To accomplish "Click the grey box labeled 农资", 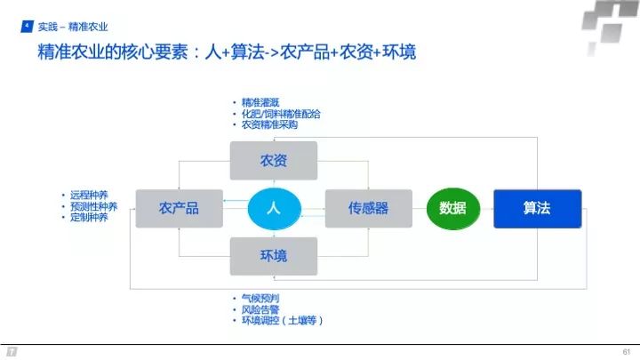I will coord(273,161).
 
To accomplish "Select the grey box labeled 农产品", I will coord(178,209).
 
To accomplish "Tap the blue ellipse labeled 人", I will coord(274,209).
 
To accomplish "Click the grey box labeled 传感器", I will coord(368,209).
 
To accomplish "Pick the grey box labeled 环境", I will coord(273,256).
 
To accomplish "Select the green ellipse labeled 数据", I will coord(452,209).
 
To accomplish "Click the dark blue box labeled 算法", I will coord(537,209).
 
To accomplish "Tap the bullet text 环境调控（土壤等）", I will coord(281,319).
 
